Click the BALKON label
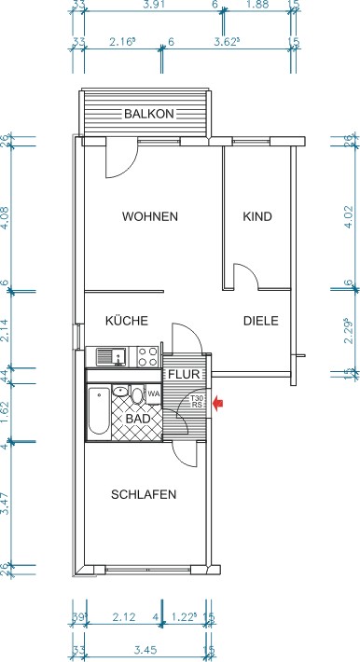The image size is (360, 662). (149, 114)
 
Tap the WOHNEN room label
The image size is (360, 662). (149, 216)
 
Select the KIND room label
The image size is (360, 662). (257, 216)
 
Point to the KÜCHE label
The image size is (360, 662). (127, 320)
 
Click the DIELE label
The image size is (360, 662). (261, 320)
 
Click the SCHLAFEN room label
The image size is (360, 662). (144, 494)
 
